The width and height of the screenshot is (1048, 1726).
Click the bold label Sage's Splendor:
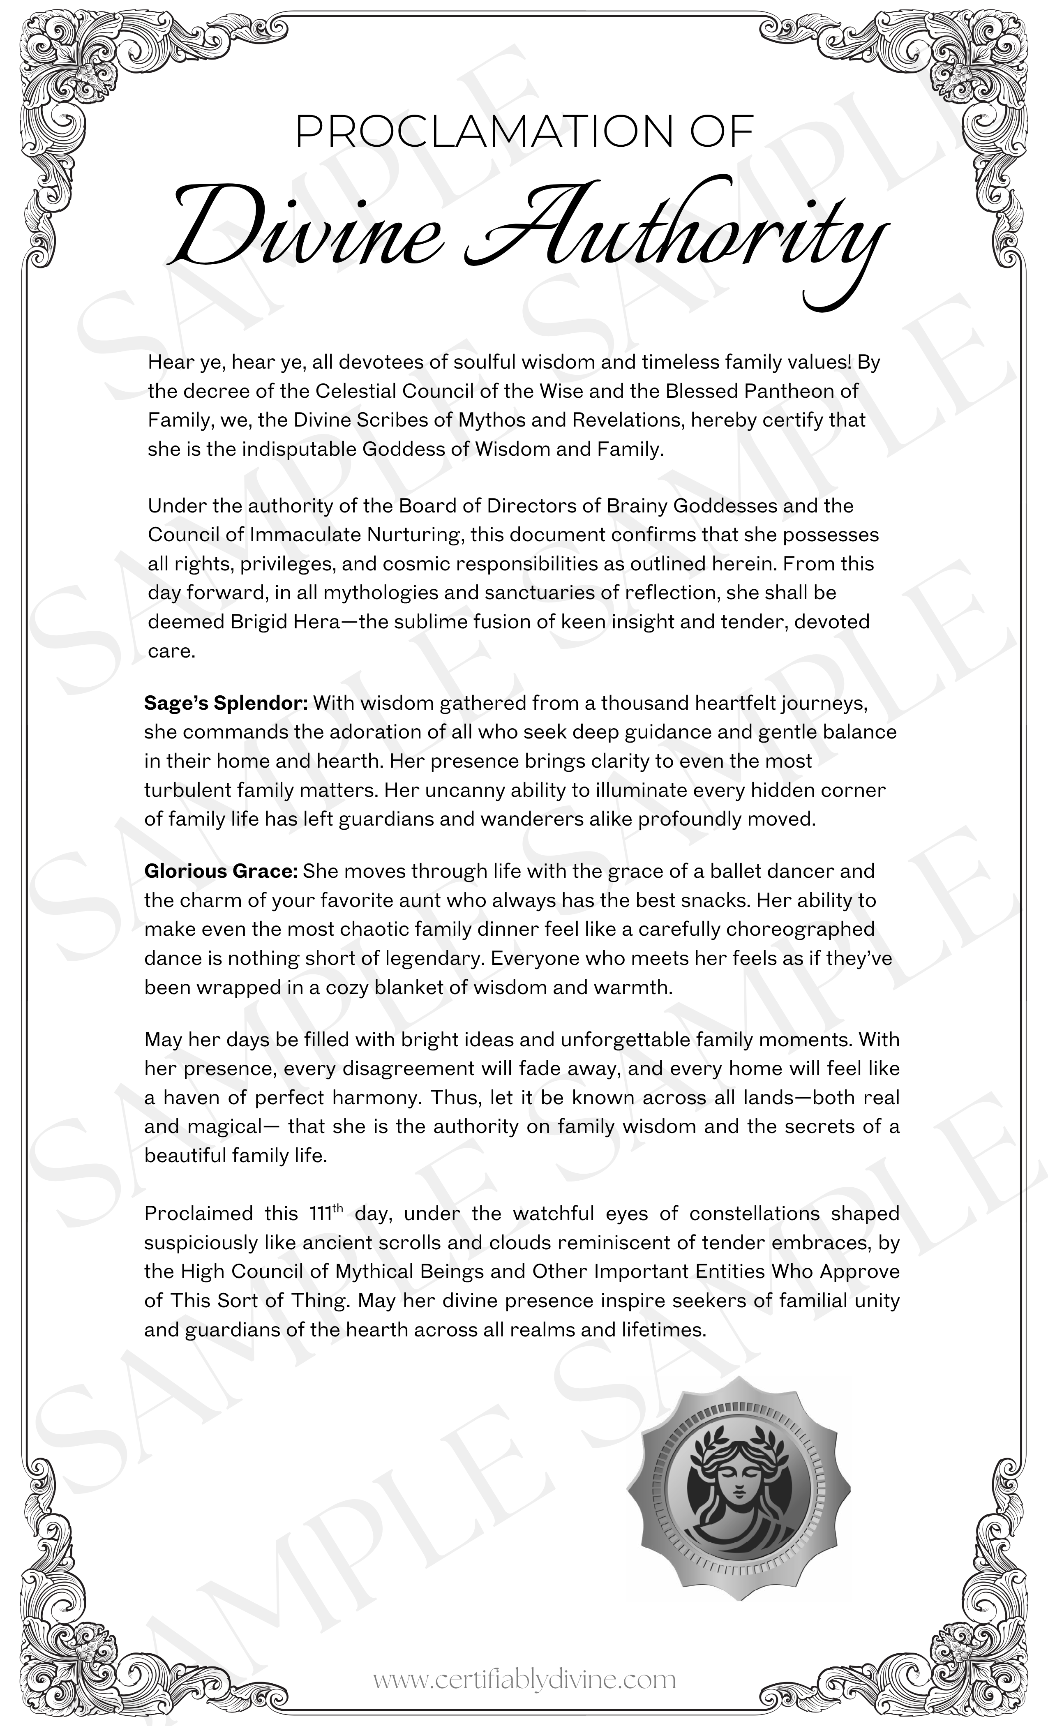click(x=226, y=703)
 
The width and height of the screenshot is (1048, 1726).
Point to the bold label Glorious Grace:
click(x=222, y=871)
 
